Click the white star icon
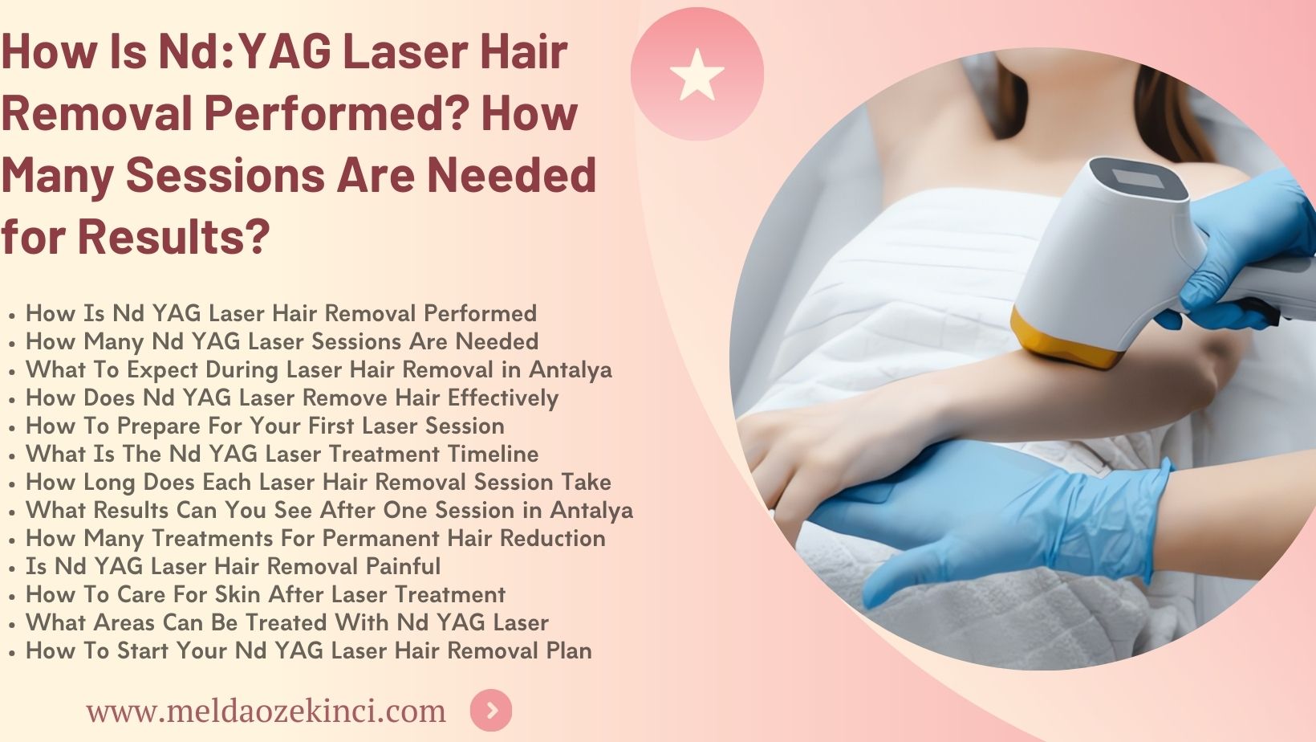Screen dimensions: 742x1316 click(697, 75)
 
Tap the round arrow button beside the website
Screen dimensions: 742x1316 click(491, 711)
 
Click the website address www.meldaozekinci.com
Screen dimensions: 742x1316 click(266, 711)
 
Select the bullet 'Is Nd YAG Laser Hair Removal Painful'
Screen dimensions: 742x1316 click(233, 566)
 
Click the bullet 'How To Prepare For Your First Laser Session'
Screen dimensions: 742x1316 click(265, 426)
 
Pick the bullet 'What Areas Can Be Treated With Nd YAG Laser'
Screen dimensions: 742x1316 click(286, 622)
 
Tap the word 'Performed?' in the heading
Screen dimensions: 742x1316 click(336, 112)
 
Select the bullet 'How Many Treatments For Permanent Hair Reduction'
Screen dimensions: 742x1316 click(315, 538)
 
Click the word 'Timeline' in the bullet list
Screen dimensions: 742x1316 click(493, 454)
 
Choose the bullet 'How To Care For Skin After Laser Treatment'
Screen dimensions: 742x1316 click(265, 594)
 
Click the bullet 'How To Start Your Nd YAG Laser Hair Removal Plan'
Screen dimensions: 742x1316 click(308, 650)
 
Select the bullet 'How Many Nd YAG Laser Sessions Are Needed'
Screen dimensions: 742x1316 click(282, 341)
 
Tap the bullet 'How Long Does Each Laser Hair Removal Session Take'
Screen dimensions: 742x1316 click(318, 482)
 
